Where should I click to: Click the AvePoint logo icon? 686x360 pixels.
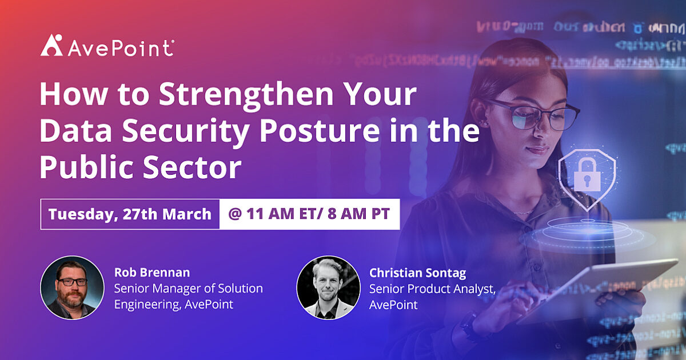click(x=51, y=45)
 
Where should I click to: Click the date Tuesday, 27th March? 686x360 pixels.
click(x=130, y=214)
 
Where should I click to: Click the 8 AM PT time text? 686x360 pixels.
click(x=354, y=214)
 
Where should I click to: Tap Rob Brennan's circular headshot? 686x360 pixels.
click(x=72, y=287)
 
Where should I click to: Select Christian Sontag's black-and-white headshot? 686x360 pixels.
click(x=328, y=287)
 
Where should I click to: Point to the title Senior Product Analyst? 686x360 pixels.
click(x=432, y=289)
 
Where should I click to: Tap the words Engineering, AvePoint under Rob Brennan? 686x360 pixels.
click(x=174, y=305)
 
